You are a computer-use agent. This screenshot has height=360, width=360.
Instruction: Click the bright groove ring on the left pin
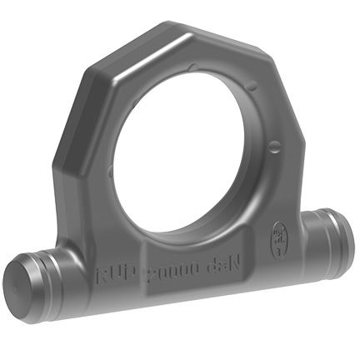[x=52, y=273]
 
